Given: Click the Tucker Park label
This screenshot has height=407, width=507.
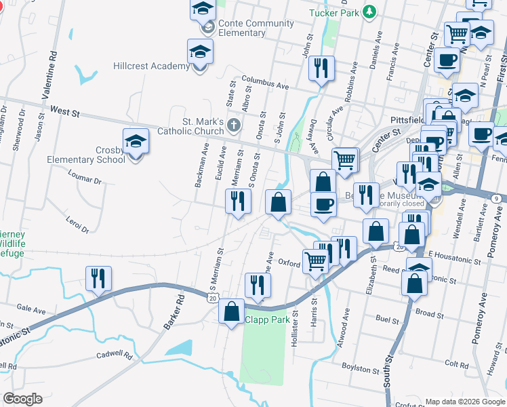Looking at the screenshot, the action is pyautogui.click(x=333, y=12).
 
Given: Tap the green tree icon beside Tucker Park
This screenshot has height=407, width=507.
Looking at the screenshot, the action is pyautogui.click(x=369, y=12).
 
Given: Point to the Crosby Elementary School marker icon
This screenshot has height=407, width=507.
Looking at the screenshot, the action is pyautogui.click(x=136, y=142).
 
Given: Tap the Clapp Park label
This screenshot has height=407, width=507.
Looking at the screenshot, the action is pyautogui.click(x=267, y=319).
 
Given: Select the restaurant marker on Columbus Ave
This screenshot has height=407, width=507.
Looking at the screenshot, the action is pyautogui.click(x=321, y=68).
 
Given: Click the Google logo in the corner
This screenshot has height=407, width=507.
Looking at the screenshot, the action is pyautogui.click(x=23, y=399).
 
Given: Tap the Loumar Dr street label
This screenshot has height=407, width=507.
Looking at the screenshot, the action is pyautogui.click(x=85, y=177).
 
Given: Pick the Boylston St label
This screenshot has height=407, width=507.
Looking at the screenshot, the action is pyautogui.click(x=361, y=370).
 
